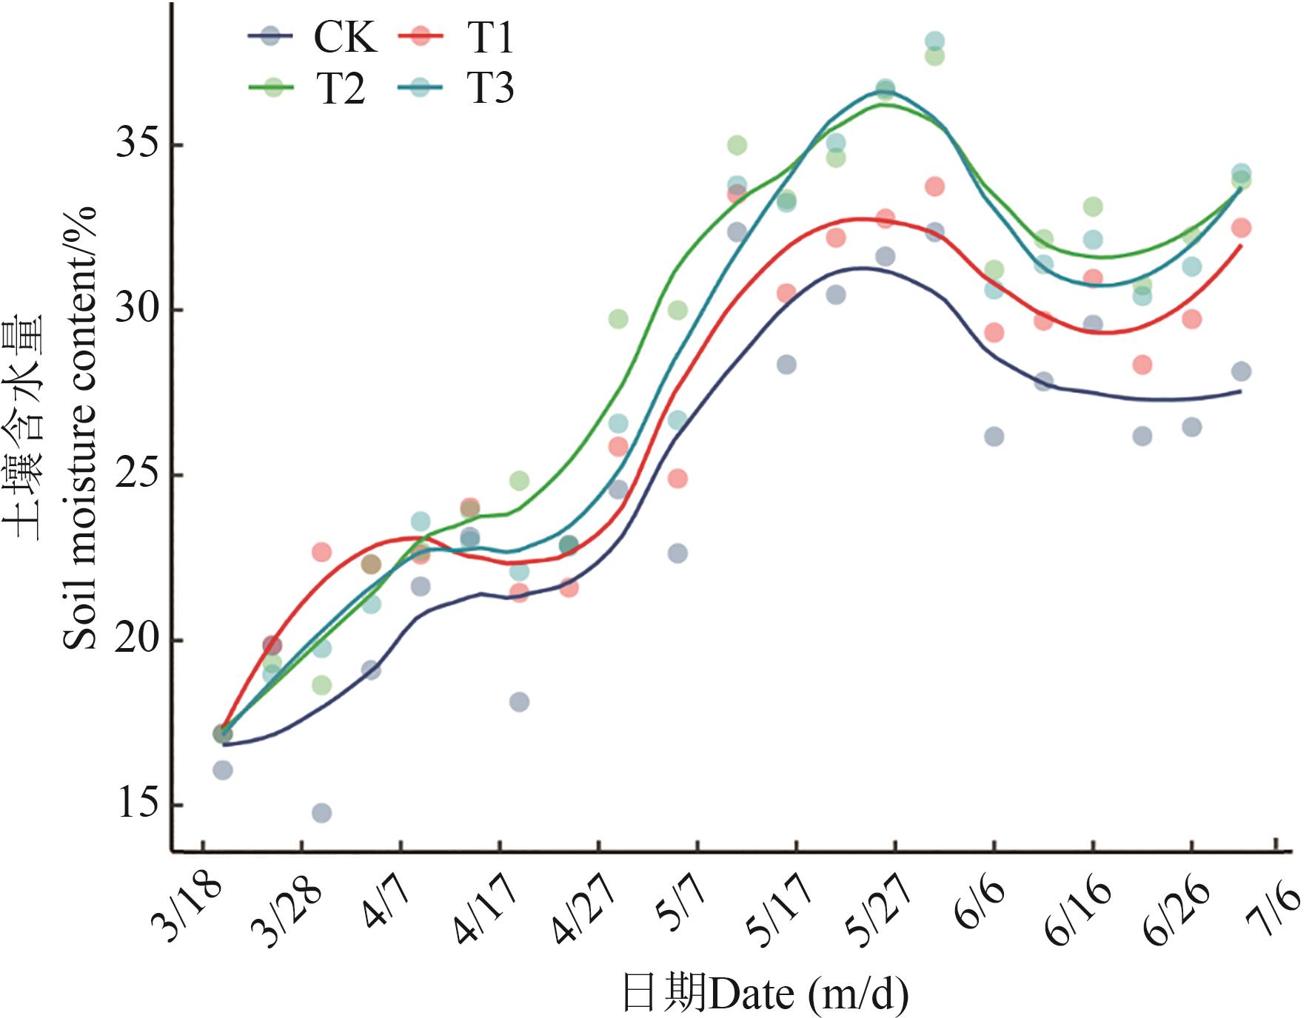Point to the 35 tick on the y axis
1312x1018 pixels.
click(138, 145)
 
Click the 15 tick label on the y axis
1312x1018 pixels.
click(138, 805)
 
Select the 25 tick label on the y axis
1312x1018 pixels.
click(138, 475)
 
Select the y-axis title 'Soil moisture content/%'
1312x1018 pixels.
click(80, 429)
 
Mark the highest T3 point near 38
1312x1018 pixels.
click(934, 41)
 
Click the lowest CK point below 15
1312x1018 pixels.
click(321, 813)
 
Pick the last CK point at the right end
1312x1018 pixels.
click(1242, 371)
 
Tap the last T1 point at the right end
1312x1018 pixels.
click(1242, 228)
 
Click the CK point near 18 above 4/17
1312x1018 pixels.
click(519, 701)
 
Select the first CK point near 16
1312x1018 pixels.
click(223, 770)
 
